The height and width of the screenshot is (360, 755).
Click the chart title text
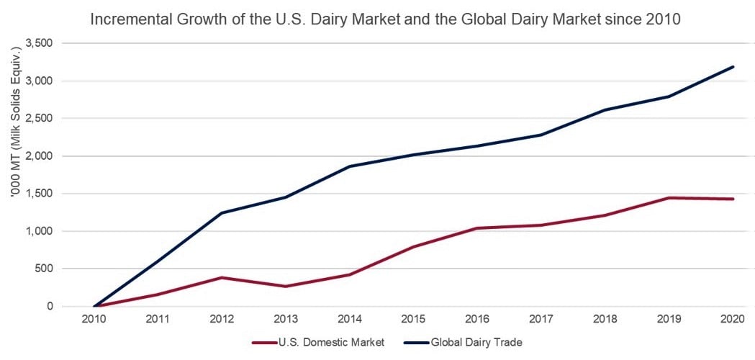(385, 19)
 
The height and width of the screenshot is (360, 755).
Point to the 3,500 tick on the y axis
(40, 43)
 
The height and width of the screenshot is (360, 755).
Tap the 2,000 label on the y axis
(40, 156)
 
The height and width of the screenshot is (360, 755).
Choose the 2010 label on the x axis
(95, 319)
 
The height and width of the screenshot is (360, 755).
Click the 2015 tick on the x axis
(414, 319)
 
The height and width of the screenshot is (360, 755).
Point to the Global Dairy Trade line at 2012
(222, 212)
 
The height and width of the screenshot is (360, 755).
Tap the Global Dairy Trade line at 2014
(350, 166)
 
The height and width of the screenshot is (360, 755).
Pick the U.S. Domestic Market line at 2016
(477, 228)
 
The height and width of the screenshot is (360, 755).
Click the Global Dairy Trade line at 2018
(605, 110)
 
